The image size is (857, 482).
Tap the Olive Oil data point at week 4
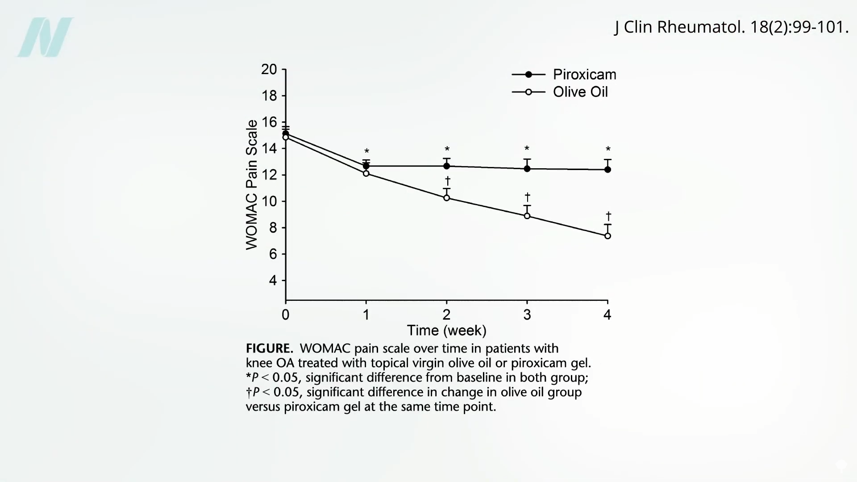[x=607, y=236]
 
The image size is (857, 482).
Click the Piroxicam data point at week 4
[x=607, y=170]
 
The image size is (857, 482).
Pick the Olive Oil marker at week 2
[x=447, y=198]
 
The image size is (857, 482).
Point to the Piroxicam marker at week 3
[x=527, y=169]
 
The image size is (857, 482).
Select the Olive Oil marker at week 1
[x=366, y=173]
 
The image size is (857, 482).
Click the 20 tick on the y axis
[x=269, y=70]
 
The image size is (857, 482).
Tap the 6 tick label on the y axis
[x=272, y=254]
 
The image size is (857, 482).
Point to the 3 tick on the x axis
[x=527, y=315]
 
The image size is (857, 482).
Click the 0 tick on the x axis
[x=286, y=315]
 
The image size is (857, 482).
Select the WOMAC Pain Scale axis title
[x=252, y=185]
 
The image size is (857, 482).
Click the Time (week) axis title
[x=446, y=331]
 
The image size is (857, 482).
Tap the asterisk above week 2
[x=447, y=149]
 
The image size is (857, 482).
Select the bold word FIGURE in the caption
[x=269, y=349]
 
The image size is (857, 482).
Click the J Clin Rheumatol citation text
[x=731, y=27]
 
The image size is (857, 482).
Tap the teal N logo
[x=45, y=37]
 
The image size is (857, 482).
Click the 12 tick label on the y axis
[x=269, y=175]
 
